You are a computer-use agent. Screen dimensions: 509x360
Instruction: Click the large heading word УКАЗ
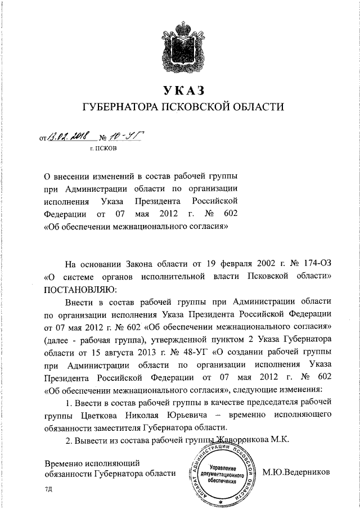180,90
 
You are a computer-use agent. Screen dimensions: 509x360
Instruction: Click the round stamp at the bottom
220,474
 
